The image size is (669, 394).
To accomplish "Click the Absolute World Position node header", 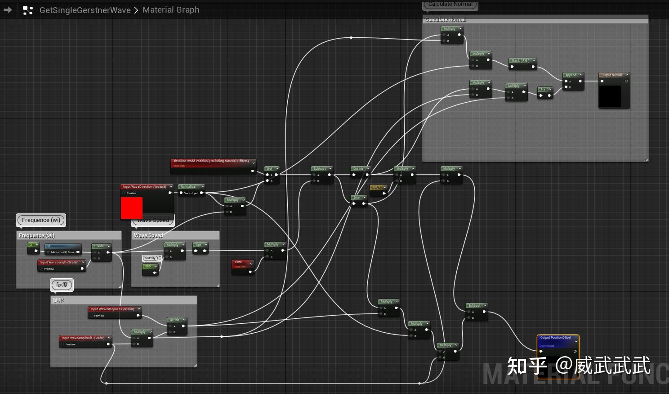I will (x=211, y=161).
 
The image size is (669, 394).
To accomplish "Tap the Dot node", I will (x=271, y=169).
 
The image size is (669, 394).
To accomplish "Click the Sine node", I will (x=358, y=198).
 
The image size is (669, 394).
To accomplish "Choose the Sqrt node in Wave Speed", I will (x=200, y=245).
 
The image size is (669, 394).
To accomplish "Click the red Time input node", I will (x=242, y=262).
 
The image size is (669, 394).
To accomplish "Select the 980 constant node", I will (x=149, y=267).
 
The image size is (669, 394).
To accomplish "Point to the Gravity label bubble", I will (x=151, y=258).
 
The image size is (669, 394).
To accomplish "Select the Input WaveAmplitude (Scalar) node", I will (x=84, y=338).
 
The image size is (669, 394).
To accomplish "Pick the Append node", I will (x=572, y=75).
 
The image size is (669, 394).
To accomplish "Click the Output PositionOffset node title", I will (x=557, y=338).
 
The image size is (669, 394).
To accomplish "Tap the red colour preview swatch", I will (x=132, y=208).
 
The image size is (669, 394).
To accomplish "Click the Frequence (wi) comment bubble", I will (x=41, y=220).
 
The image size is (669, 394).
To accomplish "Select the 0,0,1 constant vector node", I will (x=377, y=187).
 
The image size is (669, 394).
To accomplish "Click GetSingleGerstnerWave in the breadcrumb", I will (x=85, y=10).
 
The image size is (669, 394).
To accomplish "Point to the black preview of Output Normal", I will (x=610, y=96).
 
